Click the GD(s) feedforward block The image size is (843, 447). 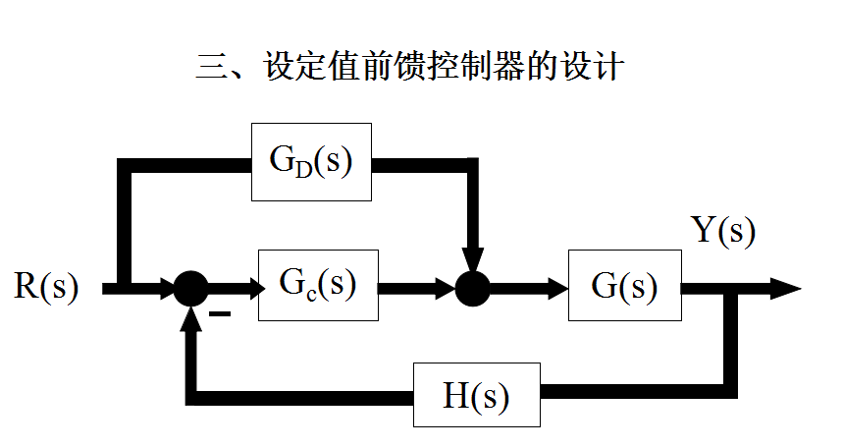click(x=311, y=161)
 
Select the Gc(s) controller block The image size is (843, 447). click(x=317, y=285)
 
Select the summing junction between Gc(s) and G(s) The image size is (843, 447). click(x=472, y=289)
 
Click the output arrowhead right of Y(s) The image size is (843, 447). click(x=785, y=288)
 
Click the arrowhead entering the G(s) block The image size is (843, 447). click(x=559, y=289)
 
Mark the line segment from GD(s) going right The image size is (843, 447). click(x=422, y=162)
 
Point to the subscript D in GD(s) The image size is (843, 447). click(x=305, y=169)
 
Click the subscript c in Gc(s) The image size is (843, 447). click(x=312, y=292)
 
